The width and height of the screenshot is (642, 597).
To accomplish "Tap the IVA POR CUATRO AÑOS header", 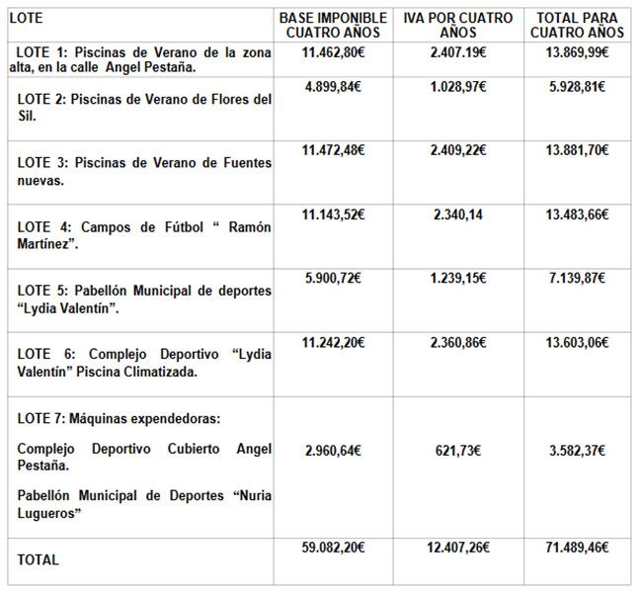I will (x=458, y=25).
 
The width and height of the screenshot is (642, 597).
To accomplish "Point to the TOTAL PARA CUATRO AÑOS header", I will (x=577, y=25).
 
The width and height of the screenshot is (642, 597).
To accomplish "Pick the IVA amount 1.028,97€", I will (x=458, y=87).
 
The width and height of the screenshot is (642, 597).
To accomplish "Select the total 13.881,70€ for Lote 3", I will (x=577, y=150).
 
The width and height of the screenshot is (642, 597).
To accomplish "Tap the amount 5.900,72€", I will (x=333, y=278).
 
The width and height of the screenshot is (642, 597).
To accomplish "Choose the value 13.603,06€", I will (x=577, y=342).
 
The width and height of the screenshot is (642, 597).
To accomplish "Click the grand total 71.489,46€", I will (x=577, y=546).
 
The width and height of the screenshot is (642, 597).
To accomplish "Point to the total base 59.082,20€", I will (x=333, y=546).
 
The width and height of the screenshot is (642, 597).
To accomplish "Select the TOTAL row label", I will (x=39, y=560).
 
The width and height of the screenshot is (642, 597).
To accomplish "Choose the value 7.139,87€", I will (x=577, y=278).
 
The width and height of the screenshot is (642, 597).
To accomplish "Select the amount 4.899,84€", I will (x=333, y=87).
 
